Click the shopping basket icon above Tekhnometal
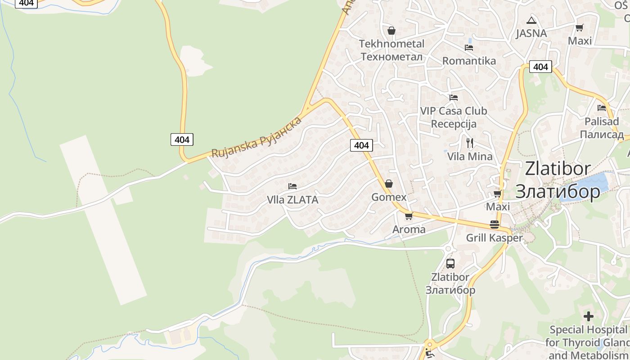(391, 31)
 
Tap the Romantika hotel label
(469, 61)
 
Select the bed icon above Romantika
(469, 48)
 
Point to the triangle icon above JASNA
(531, 20)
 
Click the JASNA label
(531, 33)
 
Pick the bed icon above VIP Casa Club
(454, 97)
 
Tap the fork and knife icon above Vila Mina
(470, 143)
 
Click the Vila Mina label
(470, 157)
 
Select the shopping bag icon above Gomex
(389, 184)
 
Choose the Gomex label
(389, 197)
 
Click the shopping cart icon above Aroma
(409, 216)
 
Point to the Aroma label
(409, 229)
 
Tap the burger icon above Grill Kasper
(495, 225)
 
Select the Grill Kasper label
(495, 238)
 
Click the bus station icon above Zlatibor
(450, 264)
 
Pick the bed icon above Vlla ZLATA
(292, 186)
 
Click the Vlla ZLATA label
(292, 200)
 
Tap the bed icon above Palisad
(602, 108)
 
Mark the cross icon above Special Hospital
(589, 316)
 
